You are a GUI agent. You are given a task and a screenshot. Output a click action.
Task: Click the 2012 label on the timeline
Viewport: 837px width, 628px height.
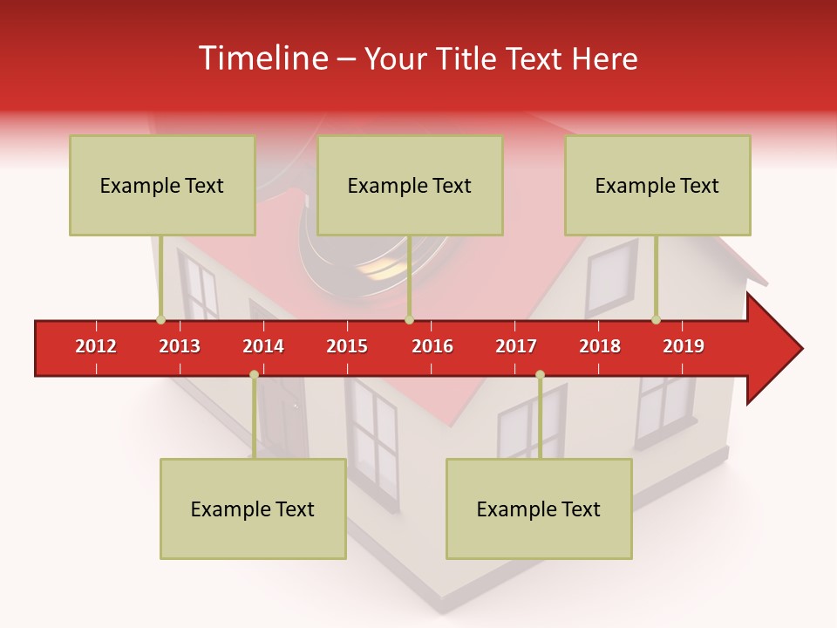point(96,346)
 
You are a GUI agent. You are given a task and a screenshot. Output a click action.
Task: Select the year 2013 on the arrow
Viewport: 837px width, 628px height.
point(180,346)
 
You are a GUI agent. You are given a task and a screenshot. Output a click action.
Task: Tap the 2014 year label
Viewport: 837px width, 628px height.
point(263,346)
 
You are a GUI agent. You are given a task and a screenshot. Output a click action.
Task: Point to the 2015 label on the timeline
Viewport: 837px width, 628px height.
point(347,346)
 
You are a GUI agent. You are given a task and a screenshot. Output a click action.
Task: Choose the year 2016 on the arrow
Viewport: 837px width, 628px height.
point(432,346)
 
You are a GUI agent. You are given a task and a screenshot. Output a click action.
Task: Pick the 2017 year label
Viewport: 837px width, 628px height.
point(516,346)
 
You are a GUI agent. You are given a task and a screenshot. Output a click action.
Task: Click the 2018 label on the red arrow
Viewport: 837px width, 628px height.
point(600,346)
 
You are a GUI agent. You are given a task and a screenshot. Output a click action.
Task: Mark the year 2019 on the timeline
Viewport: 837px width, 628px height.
point(684,346)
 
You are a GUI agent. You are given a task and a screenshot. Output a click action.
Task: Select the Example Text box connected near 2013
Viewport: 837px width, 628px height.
point(162,185)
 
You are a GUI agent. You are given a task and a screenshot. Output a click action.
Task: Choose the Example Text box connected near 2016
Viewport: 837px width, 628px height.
point(410,185)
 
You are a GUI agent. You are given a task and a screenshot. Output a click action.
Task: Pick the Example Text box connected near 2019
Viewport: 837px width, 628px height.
point(657,185)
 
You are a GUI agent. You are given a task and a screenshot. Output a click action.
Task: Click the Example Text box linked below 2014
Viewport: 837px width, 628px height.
point(253,509)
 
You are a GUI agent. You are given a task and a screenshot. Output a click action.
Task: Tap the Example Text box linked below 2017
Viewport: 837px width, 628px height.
point(539,509)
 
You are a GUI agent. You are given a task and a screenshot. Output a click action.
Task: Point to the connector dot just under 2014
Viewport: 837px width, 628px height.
point(254,374)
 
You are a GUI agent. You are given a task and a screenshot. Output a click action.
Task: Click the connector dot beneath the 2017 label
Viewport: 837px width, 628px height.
point(540,374)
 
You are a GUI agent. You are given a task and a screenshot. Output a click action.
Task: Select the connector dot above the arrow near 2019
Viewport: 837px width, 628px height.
point(656,319)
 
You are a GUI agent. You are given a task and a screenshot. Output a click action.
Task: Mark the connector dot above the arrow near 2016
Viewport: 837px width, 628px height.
point(409,319)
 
